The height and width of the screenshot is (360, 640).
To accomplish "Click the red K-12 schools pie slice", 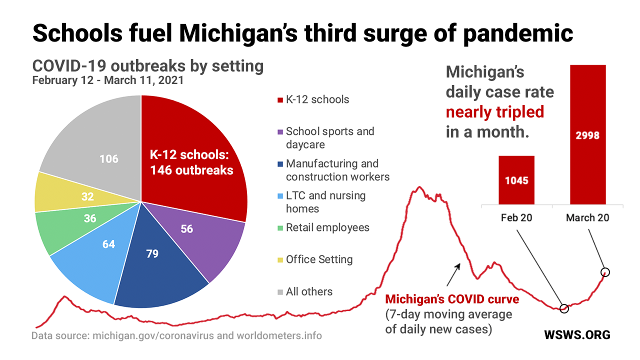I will point(195,150).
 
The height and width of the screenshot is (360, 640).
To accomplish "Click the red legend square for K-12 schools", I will point(280,100).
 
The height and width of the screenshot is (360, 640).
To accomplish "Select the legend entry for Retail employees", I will point(327,228).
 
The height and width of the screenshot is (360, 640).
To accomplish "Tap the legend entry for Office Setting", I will point(319,260).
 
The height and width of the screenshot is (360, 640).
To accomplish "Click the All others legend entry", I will point(309,292).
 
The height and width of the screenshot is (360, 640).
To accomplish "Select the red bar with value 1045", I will point(516,180).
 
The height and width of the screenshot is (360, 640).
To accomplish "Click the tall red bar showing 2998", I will point(587,135).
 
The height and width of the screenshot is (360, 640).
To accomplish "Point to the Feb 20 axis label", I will point(516,217).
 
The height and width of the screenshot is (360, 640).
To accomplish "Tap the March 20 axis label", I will point(587,217).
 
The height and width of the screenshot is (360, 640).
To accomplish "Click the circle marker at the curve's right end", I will point(605,272).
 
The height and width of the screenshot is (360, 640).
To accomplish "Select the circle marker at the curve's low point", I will point(564,308).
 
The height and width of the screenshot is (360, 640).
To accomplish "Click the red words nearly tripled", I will point(494,112).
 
